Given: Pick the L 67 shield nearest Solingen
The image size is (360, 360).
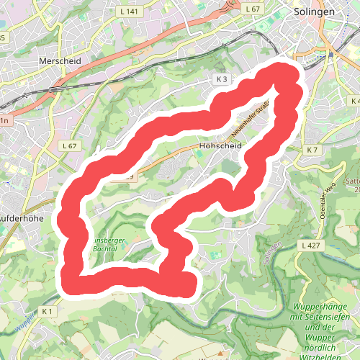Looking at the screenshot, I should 251,9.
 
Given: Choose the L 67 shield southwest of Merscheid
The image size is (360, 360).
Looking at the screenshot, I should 69,145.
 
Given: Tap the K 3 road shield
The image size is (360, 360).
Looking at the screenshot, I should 220,78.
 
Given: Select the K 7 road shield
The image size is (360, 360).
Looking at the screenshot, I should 311,150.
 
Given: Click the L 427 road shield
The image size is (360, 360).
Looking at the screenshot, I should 311,246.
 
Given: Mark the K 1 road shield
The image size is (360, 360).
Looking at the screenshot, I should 48,311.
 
